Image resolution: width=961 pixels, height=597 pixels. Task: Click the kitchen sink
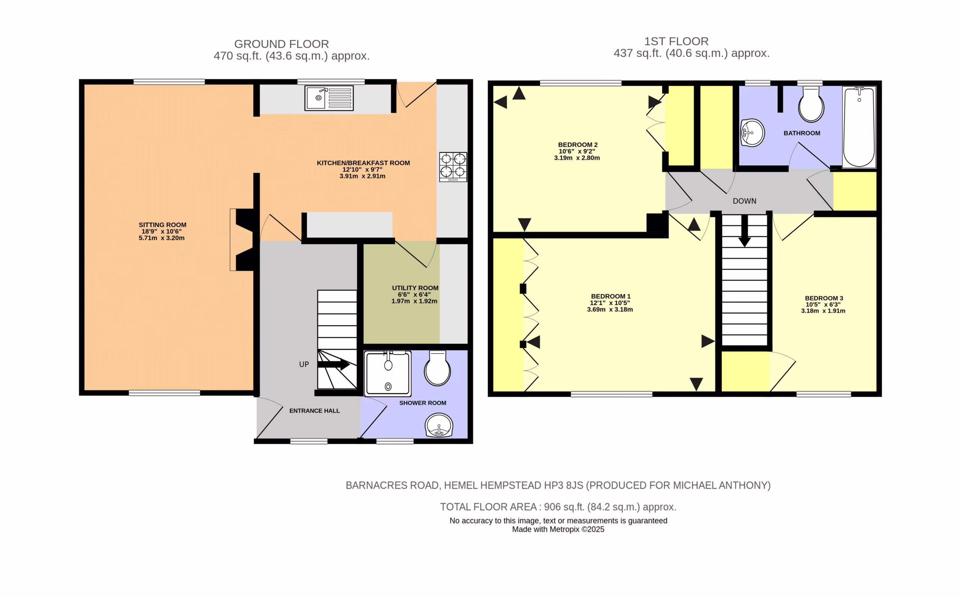(329, 98)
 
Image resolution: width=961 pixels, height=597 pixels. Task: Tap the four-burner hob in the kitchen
(453, 167)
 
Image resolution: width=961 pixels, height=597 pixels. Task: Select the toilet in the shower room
(437, 368)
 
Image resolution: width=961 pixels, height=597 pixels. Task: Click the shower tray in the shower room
(387, 374)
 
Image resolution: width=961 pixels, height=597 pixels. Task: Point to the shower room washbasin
(439, 425)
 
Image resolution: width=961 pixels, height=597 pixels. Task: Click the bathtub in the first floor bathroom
(859, 127)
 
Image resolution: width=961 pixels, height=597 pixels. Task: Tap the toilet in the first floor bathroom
(811, 104)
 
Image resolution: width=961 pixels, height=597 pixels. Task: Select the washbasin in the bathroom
(753, 133)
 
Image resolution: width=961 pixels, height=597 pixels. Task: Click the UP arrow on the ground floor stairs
(333, 365)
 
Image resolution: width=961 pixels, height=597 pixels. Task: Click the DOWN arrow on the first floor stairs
(745, 231)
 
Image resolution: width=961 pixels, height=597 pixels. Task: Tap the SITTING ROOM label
(162, 225)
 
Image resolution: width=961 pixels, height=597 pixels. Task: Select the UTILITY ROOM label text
(415, 288)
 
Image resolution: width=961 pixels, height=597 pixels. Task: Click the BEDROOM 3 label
(824, 298)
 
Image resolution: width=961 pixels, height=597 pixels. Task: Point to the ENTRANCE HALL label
(315, 411)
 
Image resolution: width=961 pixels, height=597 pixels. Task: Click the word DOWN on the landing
(745, 201)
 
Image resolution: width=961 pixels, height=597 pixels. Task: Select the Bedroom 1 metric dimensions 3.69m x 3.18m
(610, 309)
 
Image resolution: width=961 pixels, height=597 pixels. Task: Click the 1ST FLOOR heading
(676, 41)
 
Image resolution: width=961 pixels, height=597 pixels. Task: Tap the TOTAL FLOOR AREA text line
(559, 507)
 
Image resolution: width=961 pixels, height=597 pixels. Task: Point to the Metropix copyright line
(559, 529)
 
